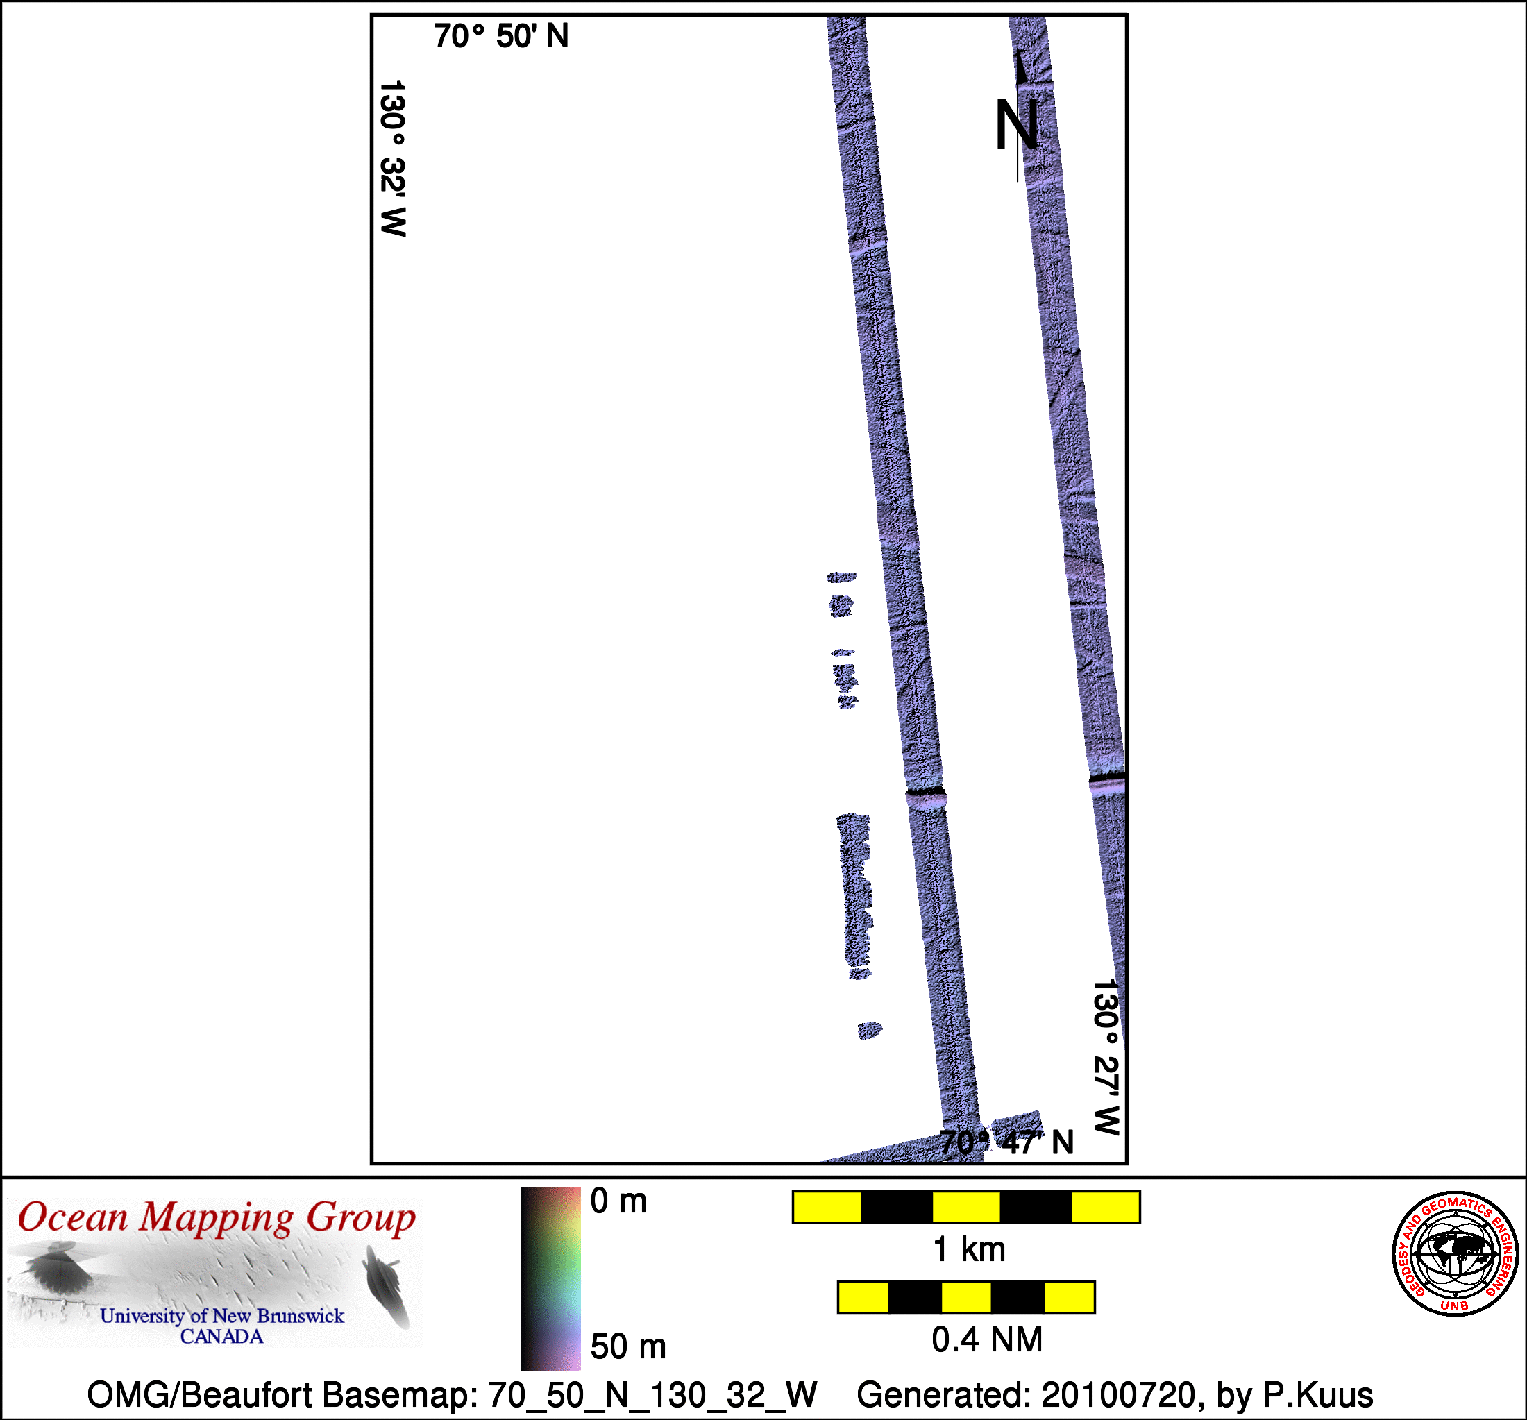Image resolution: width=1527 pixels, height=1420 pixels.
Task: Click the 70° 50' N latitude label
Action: pos(501,36)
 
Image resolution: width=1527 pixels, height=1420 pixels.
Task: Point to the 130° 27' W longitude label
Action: pos(1107,1058)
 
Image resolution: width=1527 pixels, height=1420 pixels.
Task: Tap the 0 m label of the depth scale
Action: pos(618,1201)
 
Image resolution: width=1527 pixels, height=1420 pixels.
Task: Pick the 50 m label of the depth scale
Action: pos(627,1347)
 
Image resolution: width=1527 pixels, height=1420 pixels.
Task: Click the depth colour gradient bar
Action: pos(550,1278)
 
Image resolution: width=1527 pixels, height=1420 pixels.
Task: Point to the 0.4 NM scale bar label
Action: pos(987,1339)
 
